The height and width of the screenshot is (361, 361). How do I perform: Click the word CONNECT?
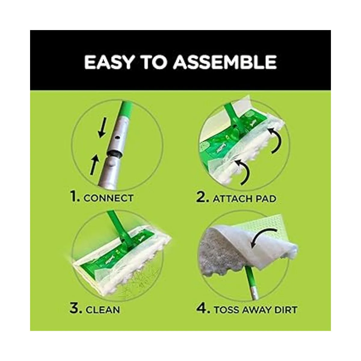tap(108, 198)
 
